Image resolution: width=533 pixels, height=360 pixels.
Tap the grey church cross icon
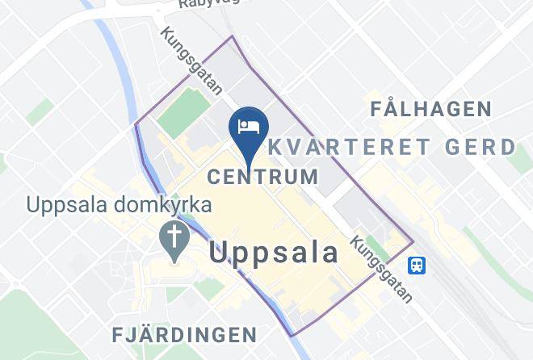click(x=174, y=237)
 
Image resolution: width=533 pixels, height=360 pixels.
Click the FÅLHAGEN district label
click(x=430, y=109)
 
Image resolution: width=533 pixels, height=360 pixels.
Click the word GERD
click(x=482, y=148)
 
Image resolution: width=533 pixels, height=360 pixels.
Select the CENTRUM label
click(x=262, y=176)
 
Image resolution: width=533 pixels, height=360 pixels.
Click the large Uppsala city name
click(x=275, y=253)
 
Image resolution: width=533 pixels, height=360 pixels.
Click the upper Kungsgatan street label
click(x=191, y=61)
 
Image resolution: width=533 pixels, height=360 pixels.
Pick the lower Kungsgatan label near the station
click(x=382, y=269)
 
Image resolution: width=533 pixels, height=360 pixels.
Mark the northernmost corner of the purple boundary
click(x=233, y=36)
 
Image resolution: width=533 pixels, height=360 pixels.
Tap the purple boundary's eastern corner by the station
click(x=413, y=241)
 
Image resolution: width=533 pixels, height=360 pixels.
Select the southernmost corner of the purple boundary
click(x=292, y=335)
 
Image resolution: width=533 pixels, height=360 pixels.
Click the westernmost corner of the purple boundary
click(x=135, y=124)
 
